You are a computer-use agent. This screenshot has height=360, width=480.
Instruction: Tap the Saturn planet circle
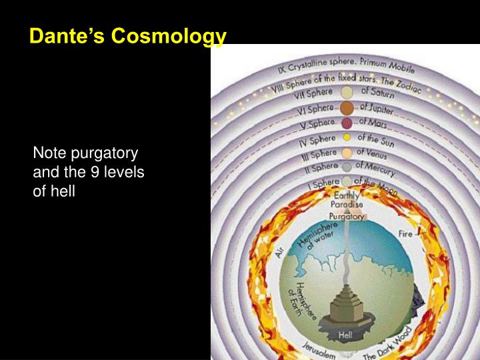click(x=347, y=92)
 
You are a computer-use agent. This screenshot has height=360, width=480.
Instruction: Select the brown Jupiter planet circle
click(x=347, y=108)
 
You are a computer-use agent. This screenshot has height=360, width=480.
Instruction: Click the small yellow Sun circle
click(x=347, y=138)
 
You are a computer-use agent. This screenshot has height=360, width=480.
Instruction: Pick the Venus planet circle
click(x=347, y=153)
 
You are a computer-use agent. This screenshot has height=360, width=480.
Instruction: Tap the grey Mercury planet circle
click(x=347, y=167)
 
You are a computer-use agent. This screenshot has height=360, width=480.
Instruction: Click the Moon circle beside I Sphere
click(x=347, y=181)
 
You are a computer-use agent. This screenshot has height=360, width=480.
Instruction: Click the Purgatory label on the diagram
click(x=347, y=216)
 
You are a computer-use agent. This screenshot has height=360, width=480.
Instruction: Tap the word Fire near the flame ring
click(x=405, y=234)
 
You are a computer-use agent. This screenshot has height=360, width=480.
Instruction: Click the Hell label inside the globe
click(x=345, y=335)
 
